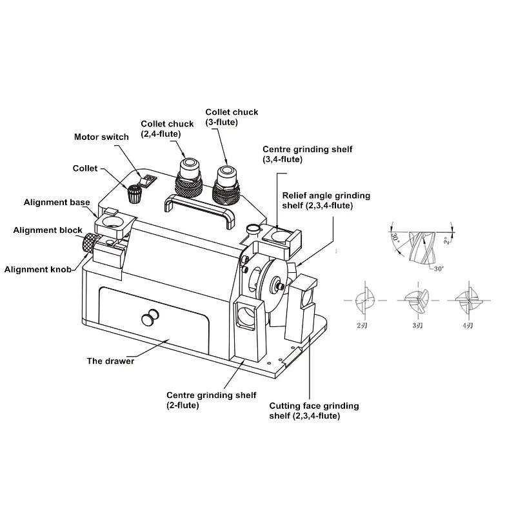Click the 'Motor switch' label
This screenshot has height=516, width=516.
click(x=101, y=137)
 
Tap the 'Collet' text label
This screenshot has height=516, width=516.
click(x=85, y=168)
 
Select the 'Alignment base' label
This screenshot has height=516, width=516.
click(x=57, y=203)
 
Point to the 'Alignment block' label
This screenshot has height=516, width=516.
click(x=48, y=230)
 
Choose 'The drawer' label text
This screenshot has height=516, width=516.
click(x=110, y=361)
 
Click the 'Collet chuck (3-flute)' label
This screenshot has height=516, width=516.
click(x=232, y=116)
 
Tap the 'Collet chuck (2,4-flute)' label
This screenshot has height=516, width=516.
click(x=168, y=129)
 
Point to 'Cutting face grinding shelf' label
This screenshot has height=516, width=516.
click(x=313, y=411)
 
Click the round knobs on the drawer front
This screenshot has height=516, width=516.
click(x=150, y=318)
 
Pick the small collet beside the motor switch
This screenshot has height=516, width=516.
click(x=134, y=193)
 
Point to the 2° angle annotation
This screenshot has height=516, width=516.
click(x=446, y=241)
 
